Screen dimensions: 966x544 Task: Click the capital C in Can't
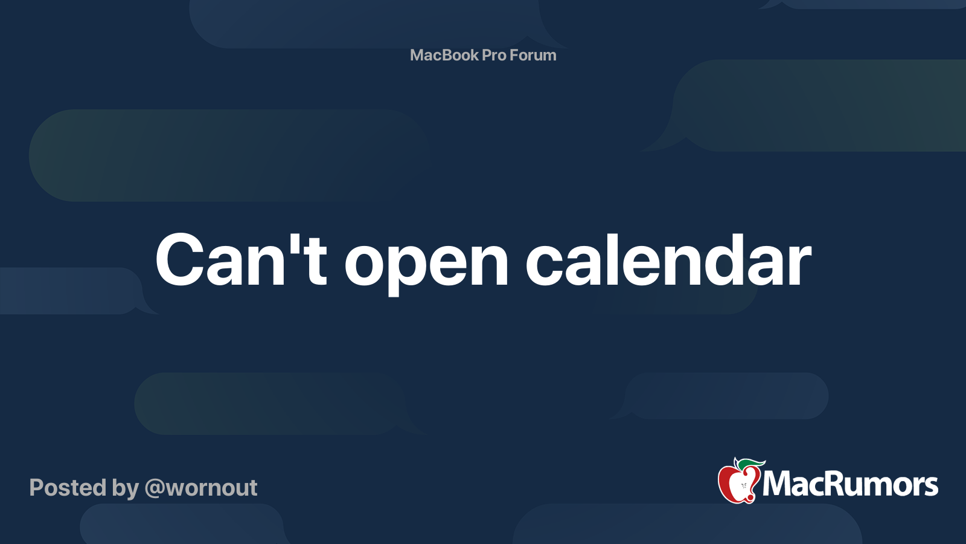pyautogui.click(x=179, y=259)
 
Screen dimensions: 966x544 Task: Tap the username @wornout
pyautogui.click(x=201, y=488)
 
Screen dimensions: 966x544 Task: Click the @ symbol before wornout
pyautogui.click(x=155, y=489)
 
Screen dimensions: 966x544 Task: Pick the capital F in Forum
pyautogui.click(x=514, y=55)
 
